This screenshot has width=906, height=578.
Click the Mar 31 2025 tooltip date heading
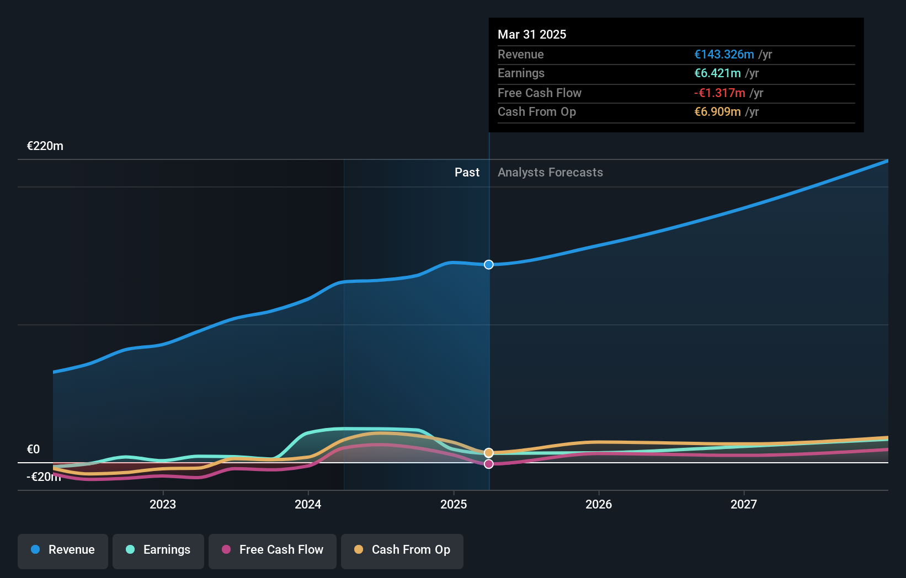(x=531, y=34)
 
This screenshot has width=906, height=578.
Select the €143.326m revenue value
(x=723, y=54)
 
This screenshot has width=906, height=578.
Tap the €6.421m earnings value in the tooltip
(x=717, y=73)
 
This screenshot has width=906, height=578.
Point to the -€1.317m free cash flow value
(x=719, y=93)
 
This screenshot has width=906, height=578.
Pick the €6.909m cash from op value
(x=717, y=112)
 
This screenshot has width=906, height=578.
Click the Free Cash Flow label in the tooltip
(x=539, y=93)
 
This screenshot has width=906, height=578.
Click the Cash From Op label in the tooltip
(x=536, y=112)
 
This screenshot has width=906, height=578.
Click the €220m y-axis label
(x=45, y=146)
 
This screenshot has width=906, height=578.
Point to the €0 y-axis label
(x=33, y=449)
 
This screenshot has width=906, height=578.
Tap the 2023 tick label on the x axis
(x=163, y=504)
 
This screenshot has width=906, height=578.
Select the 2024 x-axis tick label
(x=308, y=504)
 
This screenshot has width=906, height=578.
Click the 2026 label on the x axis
(x=599, y=504)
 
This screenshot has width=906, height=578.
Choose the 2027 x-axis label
(x=744, y=504)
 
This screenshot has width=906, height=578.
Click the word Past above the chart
(x=467, y=173)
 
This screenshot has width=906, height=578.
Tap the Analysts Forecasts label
(x=550, y=173)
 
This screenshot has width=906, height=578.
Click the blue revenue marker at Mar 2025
(x=489, y=265)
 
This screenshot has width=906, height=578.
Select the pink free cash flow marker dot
(x=489, y=464)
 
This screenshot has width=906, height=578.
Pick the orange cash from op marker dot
(x=489, y=453)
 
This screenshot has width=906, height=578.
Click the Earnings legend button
(x=158, y=550)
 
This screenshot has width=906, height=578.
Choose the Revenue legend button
(x=63, y=550)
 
